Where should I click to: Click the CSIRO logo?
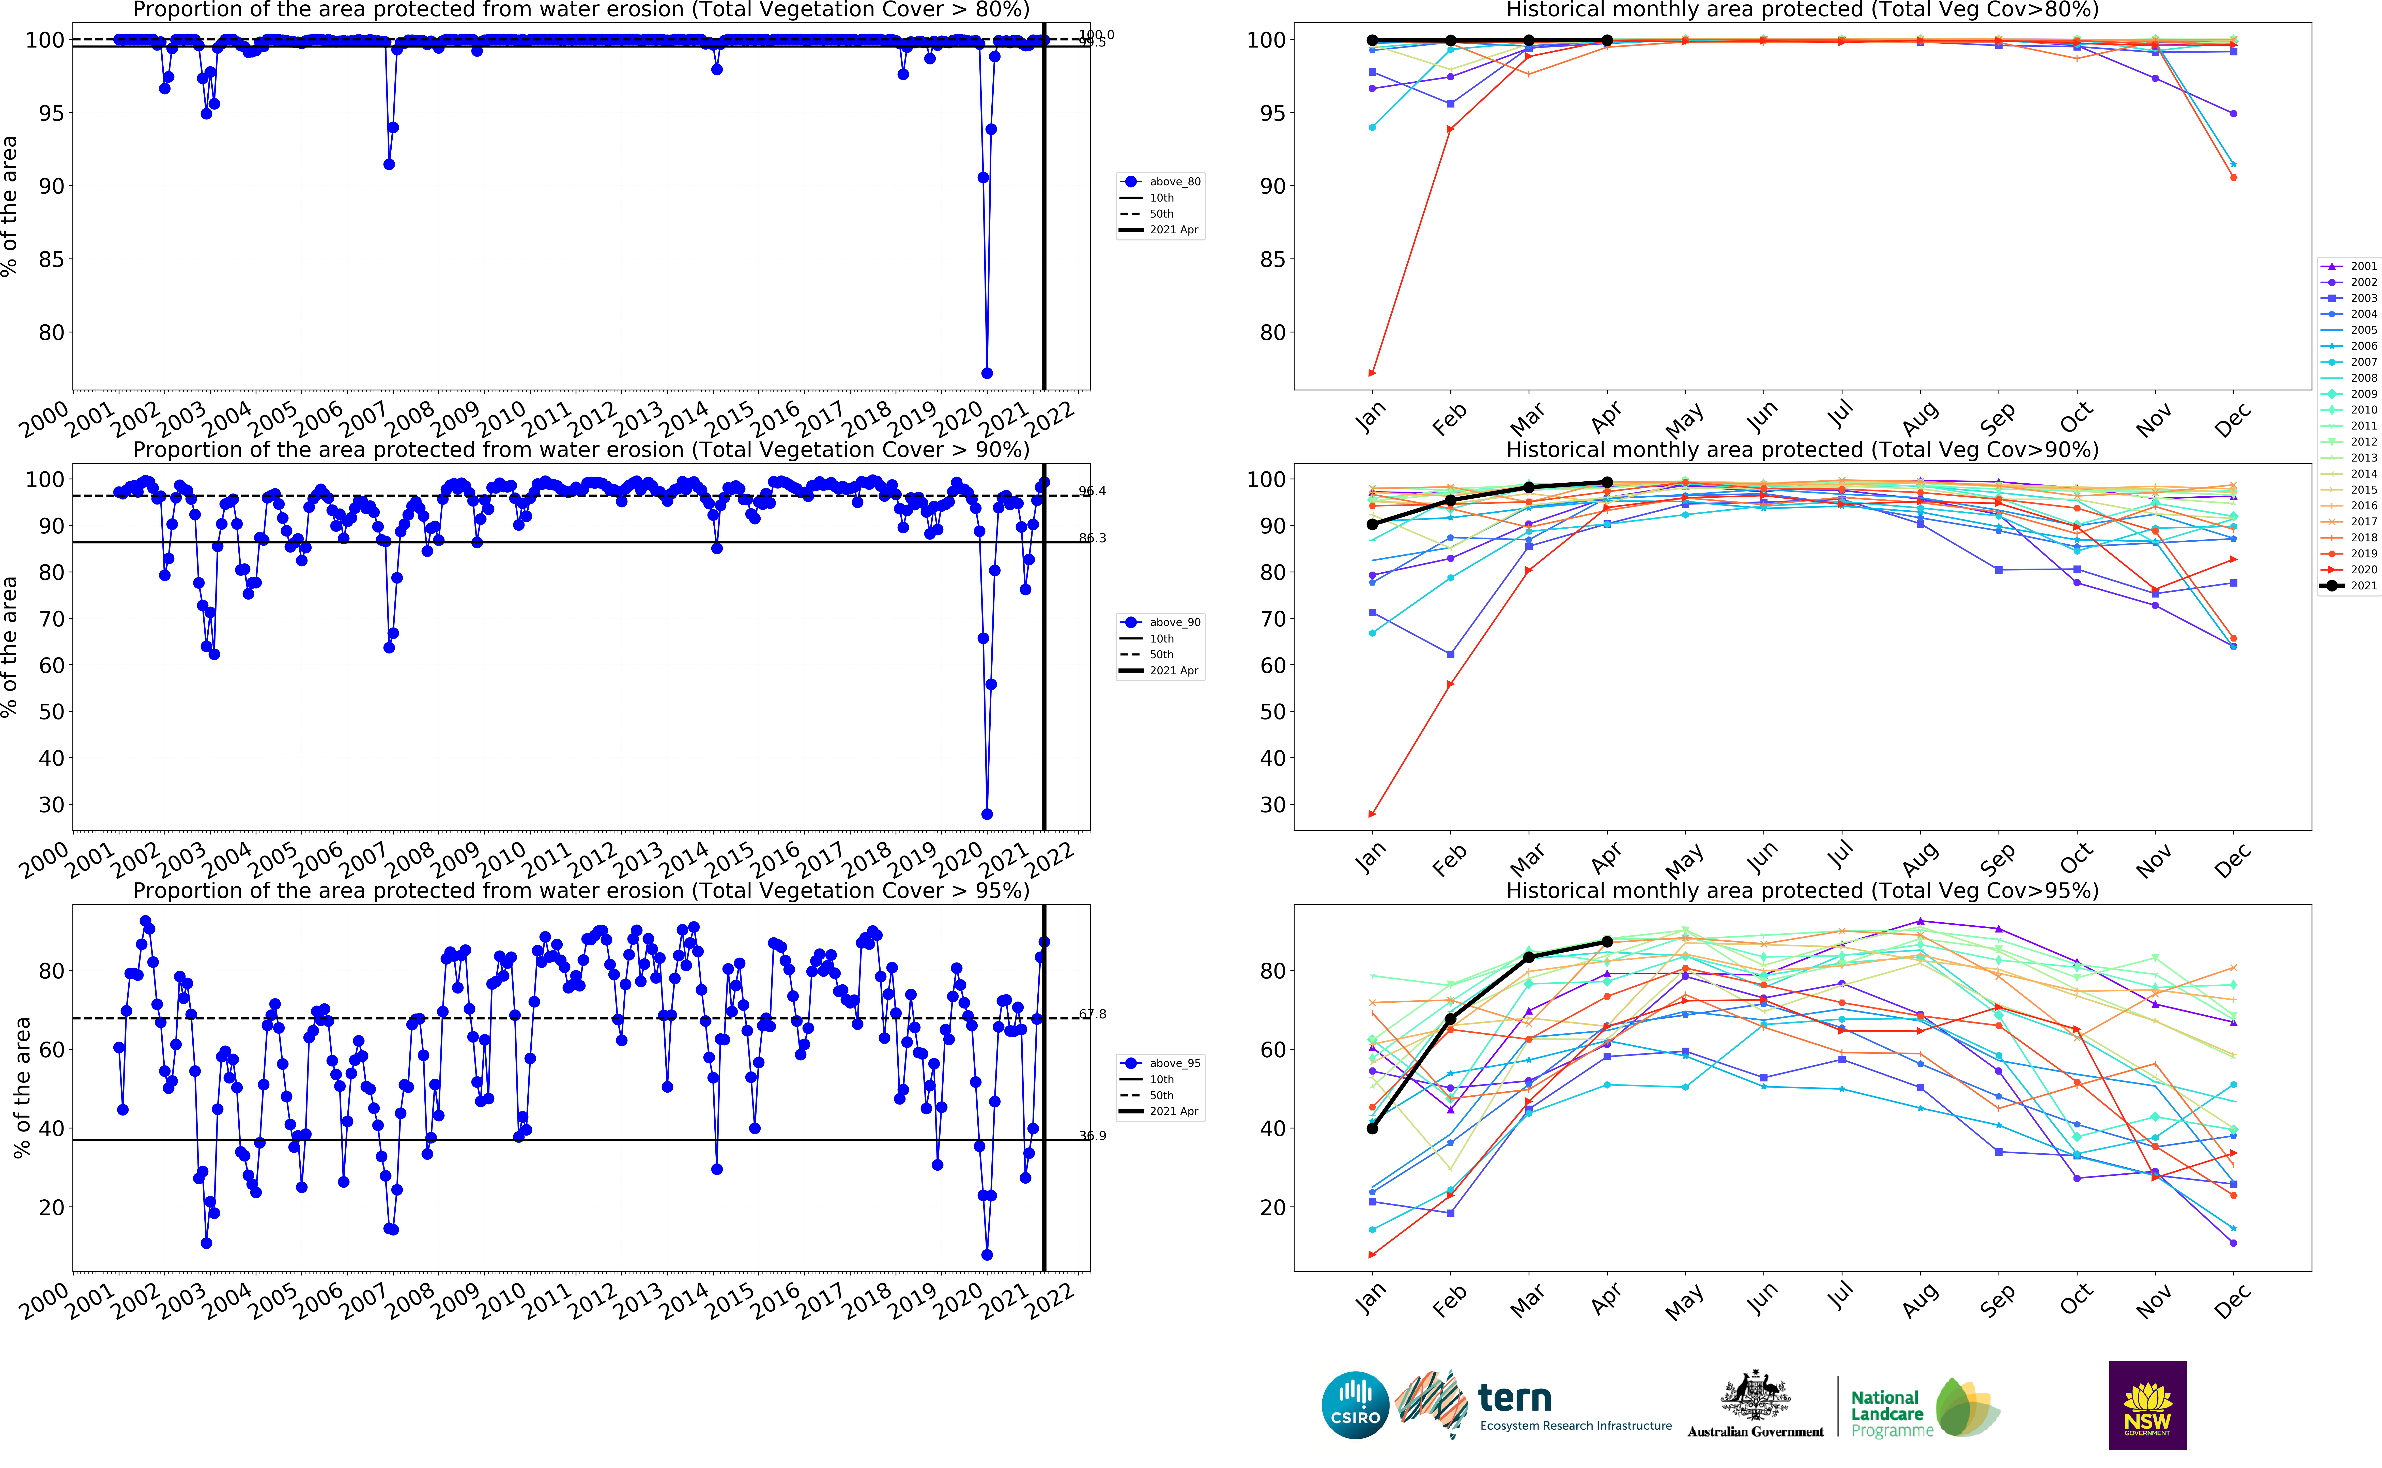coord(1355,1405)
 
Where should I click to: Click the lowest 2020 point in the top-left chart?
coord(987,373)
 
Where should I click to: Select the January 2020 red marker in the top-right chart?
coord(1372,373)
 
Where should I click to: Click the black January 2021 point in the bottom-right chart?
coord(1372,1128)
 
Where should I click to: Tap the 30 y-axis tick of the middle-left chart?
coord(51,805)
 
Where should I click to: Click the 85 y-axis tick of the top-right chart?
coord(1272,259)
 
